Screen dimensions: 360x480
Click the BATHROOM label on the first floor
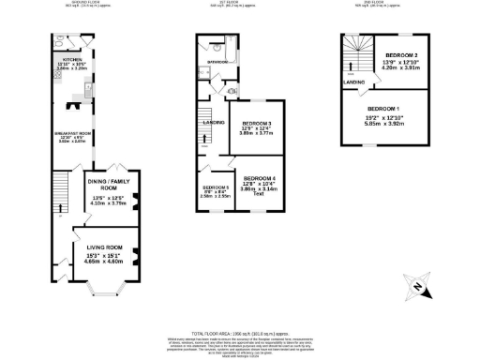pyautogui.click(x=206, y=63)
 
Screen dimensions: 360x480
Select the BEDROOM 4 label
pyautogui.click(x=260, y=178)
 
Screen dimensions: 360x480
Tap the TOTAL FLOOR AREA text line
pyautogui.click(x=240, y=333)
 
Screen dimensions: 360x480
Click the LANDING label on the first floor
pyautogui.click(x=214, y=122)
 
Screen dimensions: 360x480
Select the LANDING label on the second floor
pyautogui.click(x=354, y=82)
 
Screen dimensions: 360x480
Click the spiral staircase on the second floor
pyautogui.click(x=357, y=52)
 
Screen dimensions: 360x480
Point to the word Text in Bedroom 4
pyautogui.click(x=257, y=194)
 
